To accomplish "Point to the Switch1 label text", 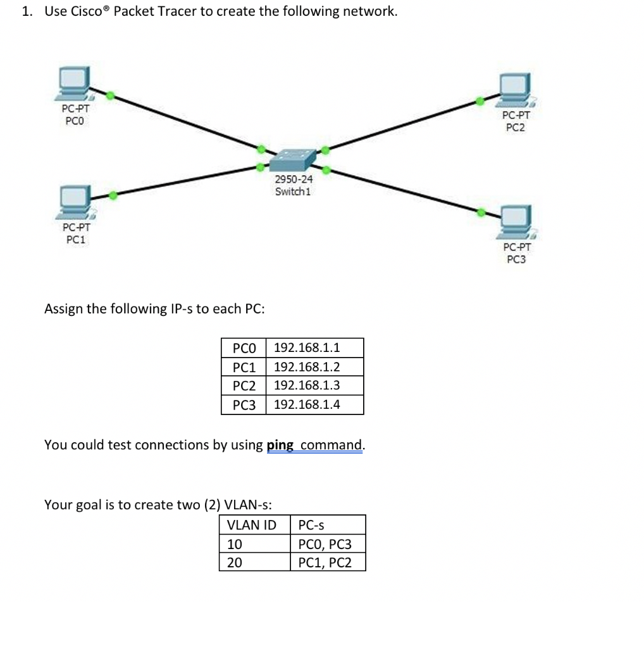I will (x=293, y=191).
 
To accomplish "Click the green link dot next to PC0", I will (x=110, y=95).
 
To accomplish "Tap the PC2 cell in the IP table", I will (x=244, y=385).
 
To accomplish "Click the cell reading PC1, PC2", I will (x=327, y=562).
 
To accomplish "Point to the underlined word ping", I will (x=280, y=445).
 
